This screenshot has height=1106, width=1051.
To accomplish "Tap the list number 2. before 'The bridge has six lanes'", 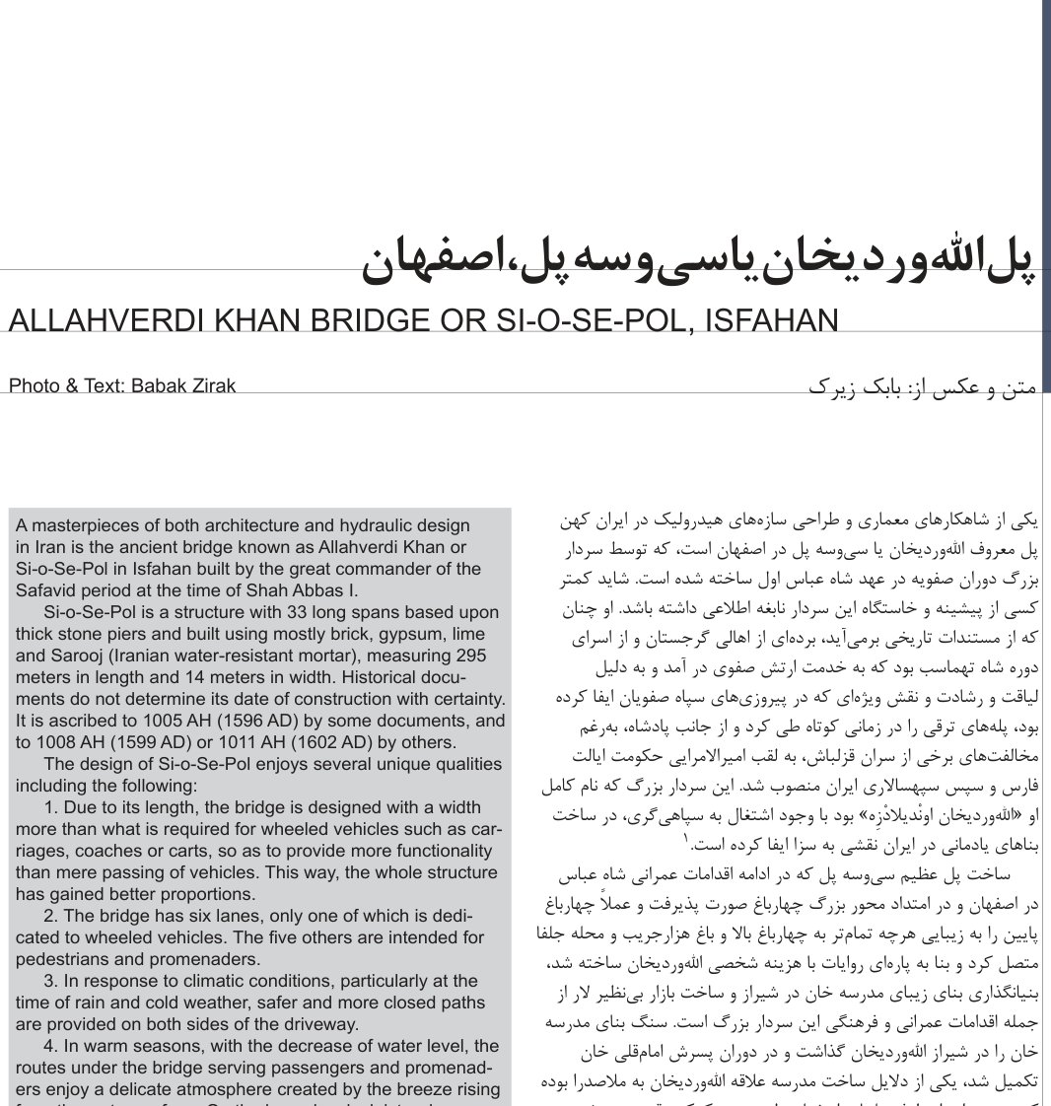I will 52,916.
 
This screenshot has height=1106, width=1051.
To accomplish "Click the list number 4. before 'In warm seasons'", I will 52,1046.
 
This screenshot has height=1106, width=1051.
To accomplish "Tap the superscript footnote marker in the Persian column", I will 686,840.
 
